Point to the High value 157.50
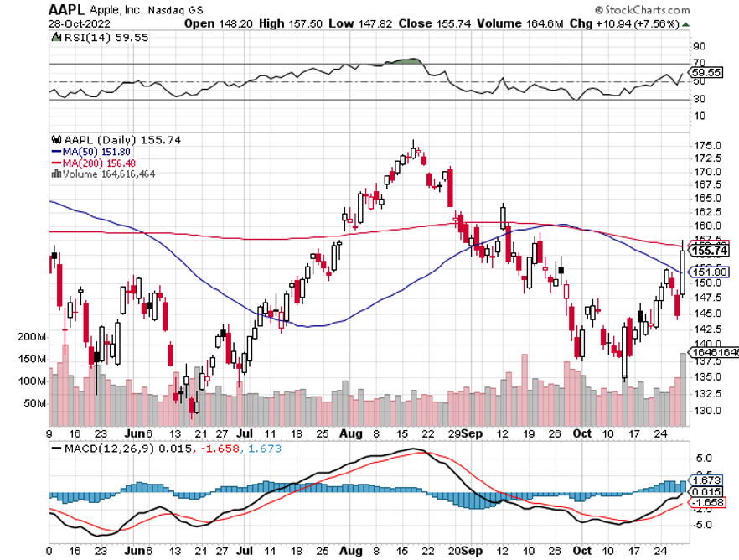coord(289,23)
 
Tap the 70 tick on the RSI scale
coord(697,64)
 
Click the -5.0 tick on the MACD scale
coord(702,526)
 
